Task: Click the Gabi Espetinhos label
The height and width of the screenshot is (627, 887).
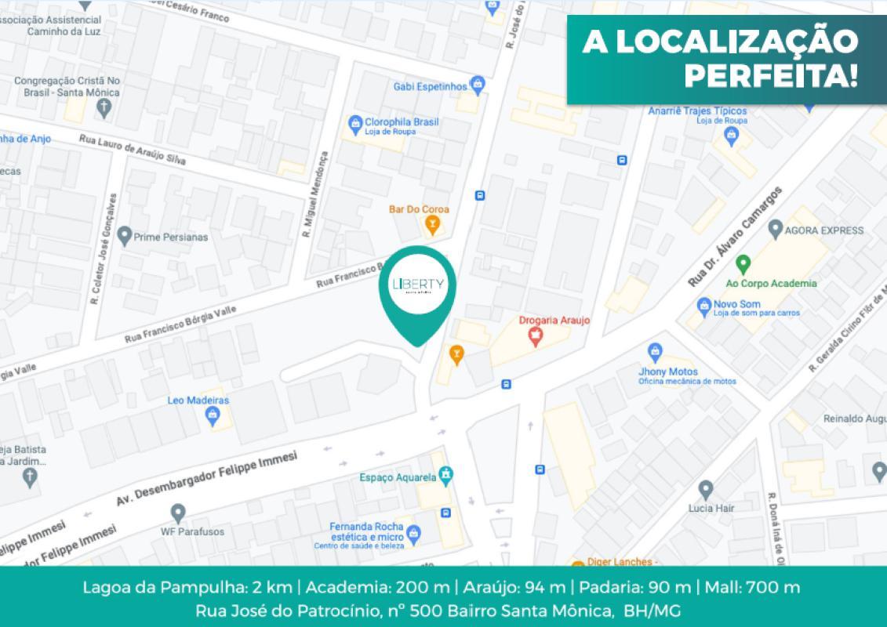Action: point(430,85)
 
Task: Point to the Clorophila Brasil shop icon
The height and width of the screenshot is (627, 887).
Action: point(354,123)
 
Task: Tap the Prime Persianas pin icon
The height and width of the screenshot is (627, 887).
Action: point(124,234)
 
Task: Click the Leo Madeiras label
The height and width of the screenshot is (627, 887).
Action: point(198,400)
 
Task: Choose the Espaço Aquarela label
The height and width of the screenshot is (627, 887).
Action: point(398,477)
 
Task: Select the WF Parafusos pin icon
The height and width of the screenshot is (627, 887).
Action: point(177,513)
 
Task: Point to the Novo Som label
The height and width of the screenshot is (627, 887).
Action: point(733,303)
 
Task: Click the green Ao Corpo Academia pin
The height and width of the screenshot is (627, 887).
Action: point(743,263)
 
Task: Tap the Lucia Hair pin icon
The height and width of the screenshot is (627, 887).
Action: point(705,489)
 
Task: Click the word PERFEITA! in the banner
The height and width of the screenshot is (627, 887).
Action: point(771,76)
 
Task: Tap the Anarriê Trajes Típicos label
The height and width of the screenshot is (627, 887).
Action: point(697,111)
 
